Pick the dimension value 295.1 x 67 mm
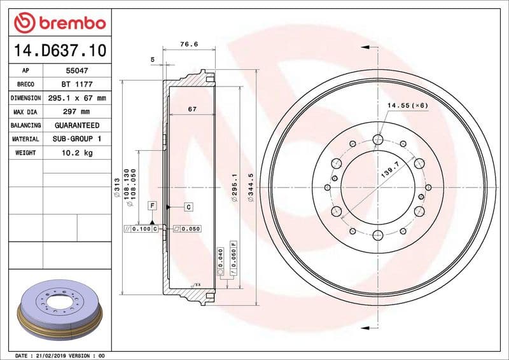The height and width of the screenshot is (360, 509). (x=77, y=98)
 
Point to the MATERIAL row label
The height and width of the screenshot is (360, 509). (x=25, y=139)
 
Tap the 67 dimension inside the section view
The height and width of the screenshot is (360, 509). (x=192, y=109)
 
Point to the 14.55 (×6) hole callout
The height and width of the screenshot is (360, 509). (x=407, y=104)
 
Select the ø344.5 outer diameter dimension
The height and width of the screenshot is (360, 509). (x=251, y=188)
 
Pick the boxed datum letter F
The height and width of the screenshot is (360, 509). (x=152, y=205)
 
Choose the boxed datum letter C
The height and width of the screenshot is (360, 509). (x=189, y=207)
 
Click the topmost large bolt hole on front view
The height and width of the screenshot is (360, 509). (x=378, y=139)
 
